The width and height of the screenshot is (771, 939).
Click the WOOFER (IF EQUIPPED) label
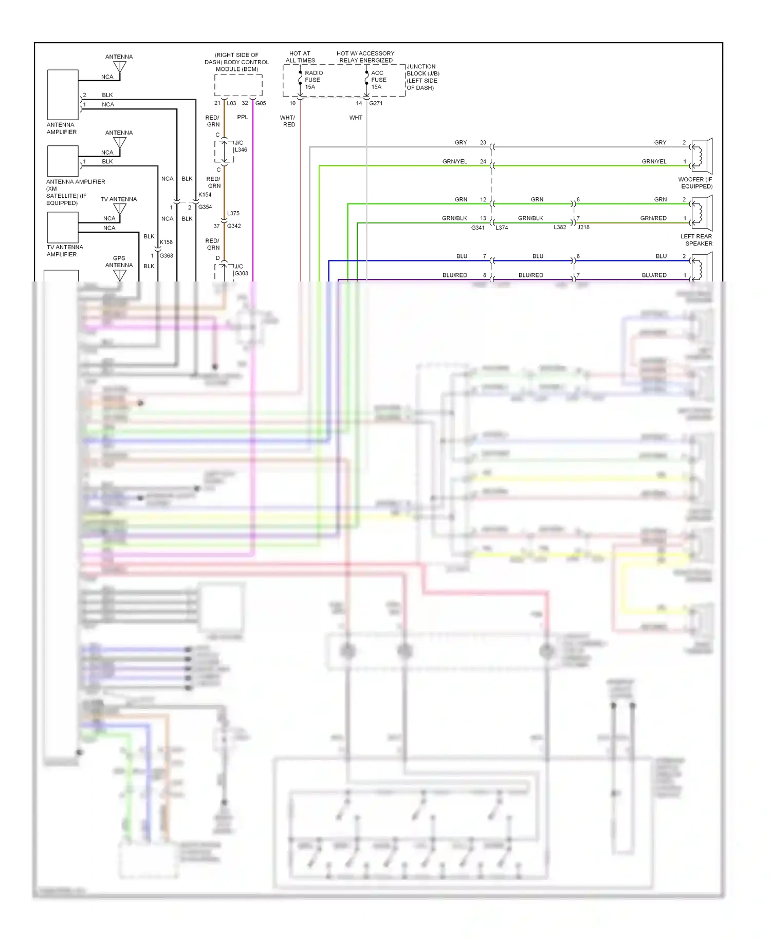(695, 183)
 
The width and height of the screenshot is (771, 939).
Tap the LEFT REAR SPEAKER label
(696, 240)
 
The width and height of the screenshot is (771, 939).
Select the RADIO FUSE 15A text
(313, 80)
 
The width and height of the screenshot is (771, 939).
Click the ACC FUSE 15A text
(378, 80)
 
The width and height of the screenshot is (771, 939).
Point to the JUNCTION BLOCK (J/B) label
(423, 77)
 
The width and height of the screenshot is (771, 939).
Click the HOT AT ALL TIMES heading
(300, 57)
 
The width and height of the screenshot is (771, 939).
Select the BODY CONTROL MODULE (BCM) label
(236, 62)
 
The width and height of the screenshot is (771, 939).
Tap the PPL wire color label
(243, 117)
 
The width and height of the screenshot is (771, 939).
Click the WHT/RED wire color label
(288, 121)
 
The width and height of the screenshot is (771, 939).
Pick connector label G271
(376, 103)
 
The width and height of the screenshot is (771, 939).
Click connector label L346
(241, 150)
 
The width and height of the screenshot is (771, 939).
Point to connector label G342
(234, 226)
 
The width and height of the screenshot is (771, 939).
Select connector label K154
(205, 195)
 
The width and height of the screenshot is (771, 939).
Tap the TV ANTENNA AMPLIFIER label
(64, 251)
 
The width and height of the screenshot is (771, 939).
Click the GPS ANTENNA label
(119, 261)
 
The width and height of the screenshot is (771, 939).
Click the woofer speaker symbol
(701, 156)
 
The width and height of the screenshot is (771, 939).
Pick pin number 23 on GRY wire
(483, 143)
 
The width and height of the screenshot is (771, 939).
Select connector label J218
(583, 227)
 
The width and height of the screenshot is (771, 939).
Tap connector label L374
(502, 228)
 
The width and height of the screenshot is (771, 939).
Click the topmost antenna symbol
(120, 67)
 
